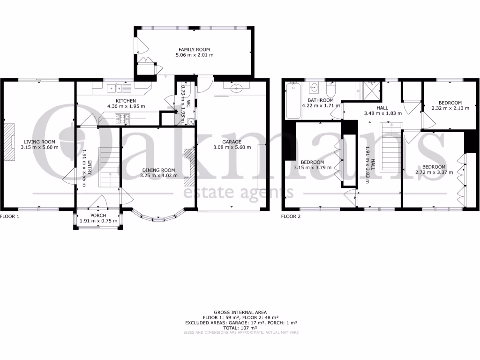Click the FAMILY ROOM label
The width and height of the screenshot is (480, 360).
coord(194,49)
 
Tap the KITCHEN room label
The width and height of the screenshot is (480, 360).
coord(126,101)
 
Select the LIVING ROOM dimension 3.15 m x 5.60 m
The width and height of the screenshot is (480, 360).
coord(39,147)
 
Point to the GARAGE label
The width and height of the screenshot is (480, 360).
coord(232,142)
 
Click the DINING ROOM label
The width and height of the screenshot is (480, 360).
coord(158,170)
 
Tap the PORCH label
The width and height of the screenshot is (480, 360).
coord(98,216)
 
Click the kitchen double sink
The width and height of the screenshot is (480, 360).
coord(115,88)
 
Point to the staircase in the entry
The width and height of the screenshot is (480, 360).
coord(107,166)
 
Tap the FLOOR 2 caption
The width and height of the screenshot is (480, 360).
coord(291,217)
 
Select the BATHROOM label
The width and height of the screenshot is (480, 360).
coord(321,100)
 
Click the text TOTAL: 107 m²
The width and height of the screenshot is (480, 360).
coord(240,328)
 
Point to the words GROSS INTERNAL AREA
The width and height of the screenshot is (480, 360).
coord(240,312)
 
